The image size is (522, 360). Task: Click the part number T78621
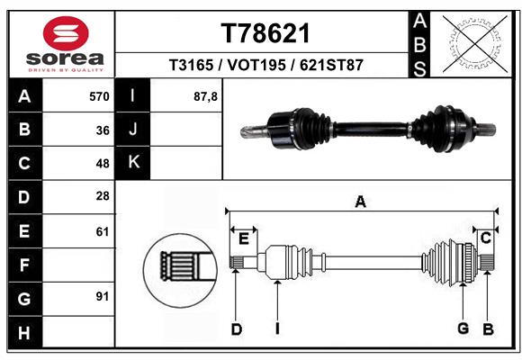coord(265,33)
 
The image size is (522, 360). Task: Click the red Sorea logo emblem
coord(66,33)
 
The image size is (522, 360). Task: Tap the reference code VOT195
coord(256,65)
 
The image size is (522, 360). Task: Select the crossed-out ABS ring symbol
coord(475,44)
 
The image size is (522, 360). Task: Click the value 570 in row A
coord(99,96)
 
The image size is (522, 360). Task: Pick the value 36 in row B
coord(103,130)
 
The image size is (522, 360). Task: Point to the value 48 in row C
coord(103,164)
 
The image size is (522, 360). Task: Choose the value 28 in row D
coord(103,196)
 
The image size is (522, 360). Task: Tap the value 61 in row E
coord(103,231)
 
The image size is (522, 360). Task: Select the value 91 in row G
coord(103,296)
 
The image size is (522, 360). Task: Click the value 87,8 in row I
coord(205,96)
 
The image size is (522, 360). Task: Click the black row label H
coord(25,332)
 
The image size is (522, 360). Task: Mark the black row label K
coord(132,163)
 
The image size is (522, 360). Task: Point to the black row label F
coord(25,265)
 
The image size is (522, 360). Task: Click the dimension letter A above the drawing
coord(361,202)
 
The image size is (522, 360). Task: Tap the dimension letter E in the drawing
coord(244,238)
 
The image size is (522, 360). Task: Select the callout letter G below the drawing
coord(463,328)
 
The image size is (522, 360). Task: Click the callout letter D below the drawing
coord(237,329)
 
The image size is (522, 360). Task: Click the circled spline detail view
coord(180,270)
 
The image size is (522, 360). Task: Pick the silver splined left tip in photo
coord(253,131)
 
